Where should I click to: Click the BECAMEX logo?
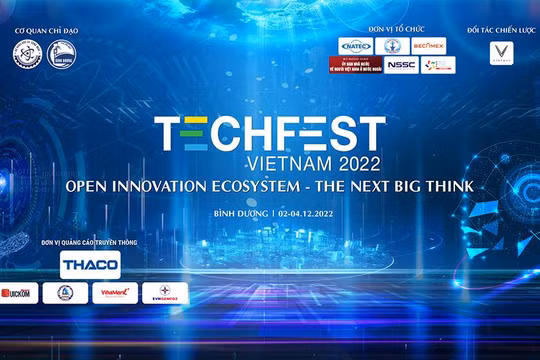429,44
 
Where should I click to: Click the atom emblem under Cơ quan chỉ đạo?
25,56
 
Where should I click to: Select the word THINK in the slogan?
445,186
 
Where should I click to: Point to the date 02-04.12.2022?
295,213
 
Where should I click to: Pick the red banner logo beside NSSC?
355,66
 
